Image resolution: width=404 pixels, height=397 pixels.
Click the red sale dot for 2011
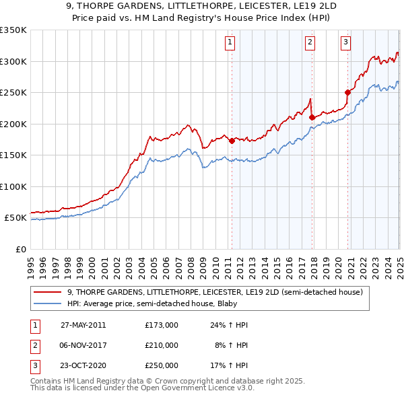tap(232, 141)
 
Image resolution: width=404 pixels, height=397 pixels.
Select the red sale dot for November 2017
tap(312, 117)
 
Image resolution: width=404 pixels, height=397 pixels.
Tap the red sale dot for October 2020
tap(348, 92)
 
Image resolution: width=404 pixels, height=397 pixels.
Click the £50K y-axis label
tap(15, 218)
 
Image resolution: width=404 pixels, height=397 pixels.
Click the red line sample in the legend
tap(48, 292)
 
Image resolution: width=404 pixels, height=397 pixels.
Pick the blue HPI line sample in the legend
tap(48, 303)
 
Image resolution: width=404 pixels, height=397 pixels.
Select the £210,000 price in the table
tap(162, 345)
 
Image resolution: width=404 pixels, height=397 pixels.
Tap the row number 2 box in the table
tap(34, 345)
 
